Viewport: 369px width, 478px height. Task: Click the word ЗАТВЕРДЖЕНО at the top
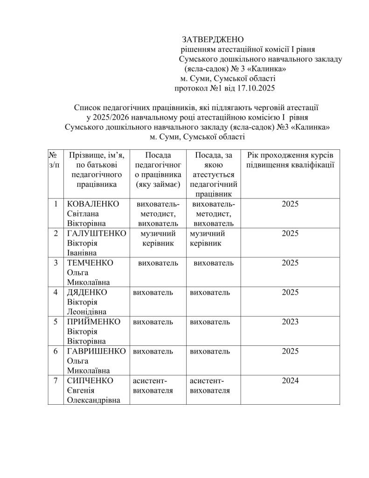tap(213, 38)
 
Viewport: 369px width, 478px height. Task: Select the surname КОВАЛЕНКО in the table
tap(93, 204)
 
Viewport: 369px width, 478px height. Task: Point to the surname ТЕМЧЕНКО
tap(91, 263)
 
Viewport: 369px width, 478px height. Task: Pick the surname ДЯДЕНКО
tap(87, 292)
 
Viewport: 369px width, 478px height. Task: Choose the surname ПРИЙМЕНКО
tap(94, 322)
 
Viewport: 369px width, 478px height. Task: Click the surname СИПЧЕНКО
tap(91, 380)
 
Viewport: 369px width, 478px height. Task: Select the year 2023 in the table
tap(290, 322)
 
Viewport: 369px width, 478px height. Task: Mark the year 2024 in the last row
tap(290, 380)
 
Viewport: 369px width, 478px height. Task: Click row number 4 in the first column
tap(56, 292)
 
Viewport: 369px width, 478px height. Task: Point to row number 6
tap(56, 351)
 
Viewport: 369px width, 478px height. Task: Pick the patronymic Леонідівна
tap(87, 312)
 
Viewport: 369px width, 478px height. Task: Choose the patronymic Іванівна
tap(82, 253)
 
